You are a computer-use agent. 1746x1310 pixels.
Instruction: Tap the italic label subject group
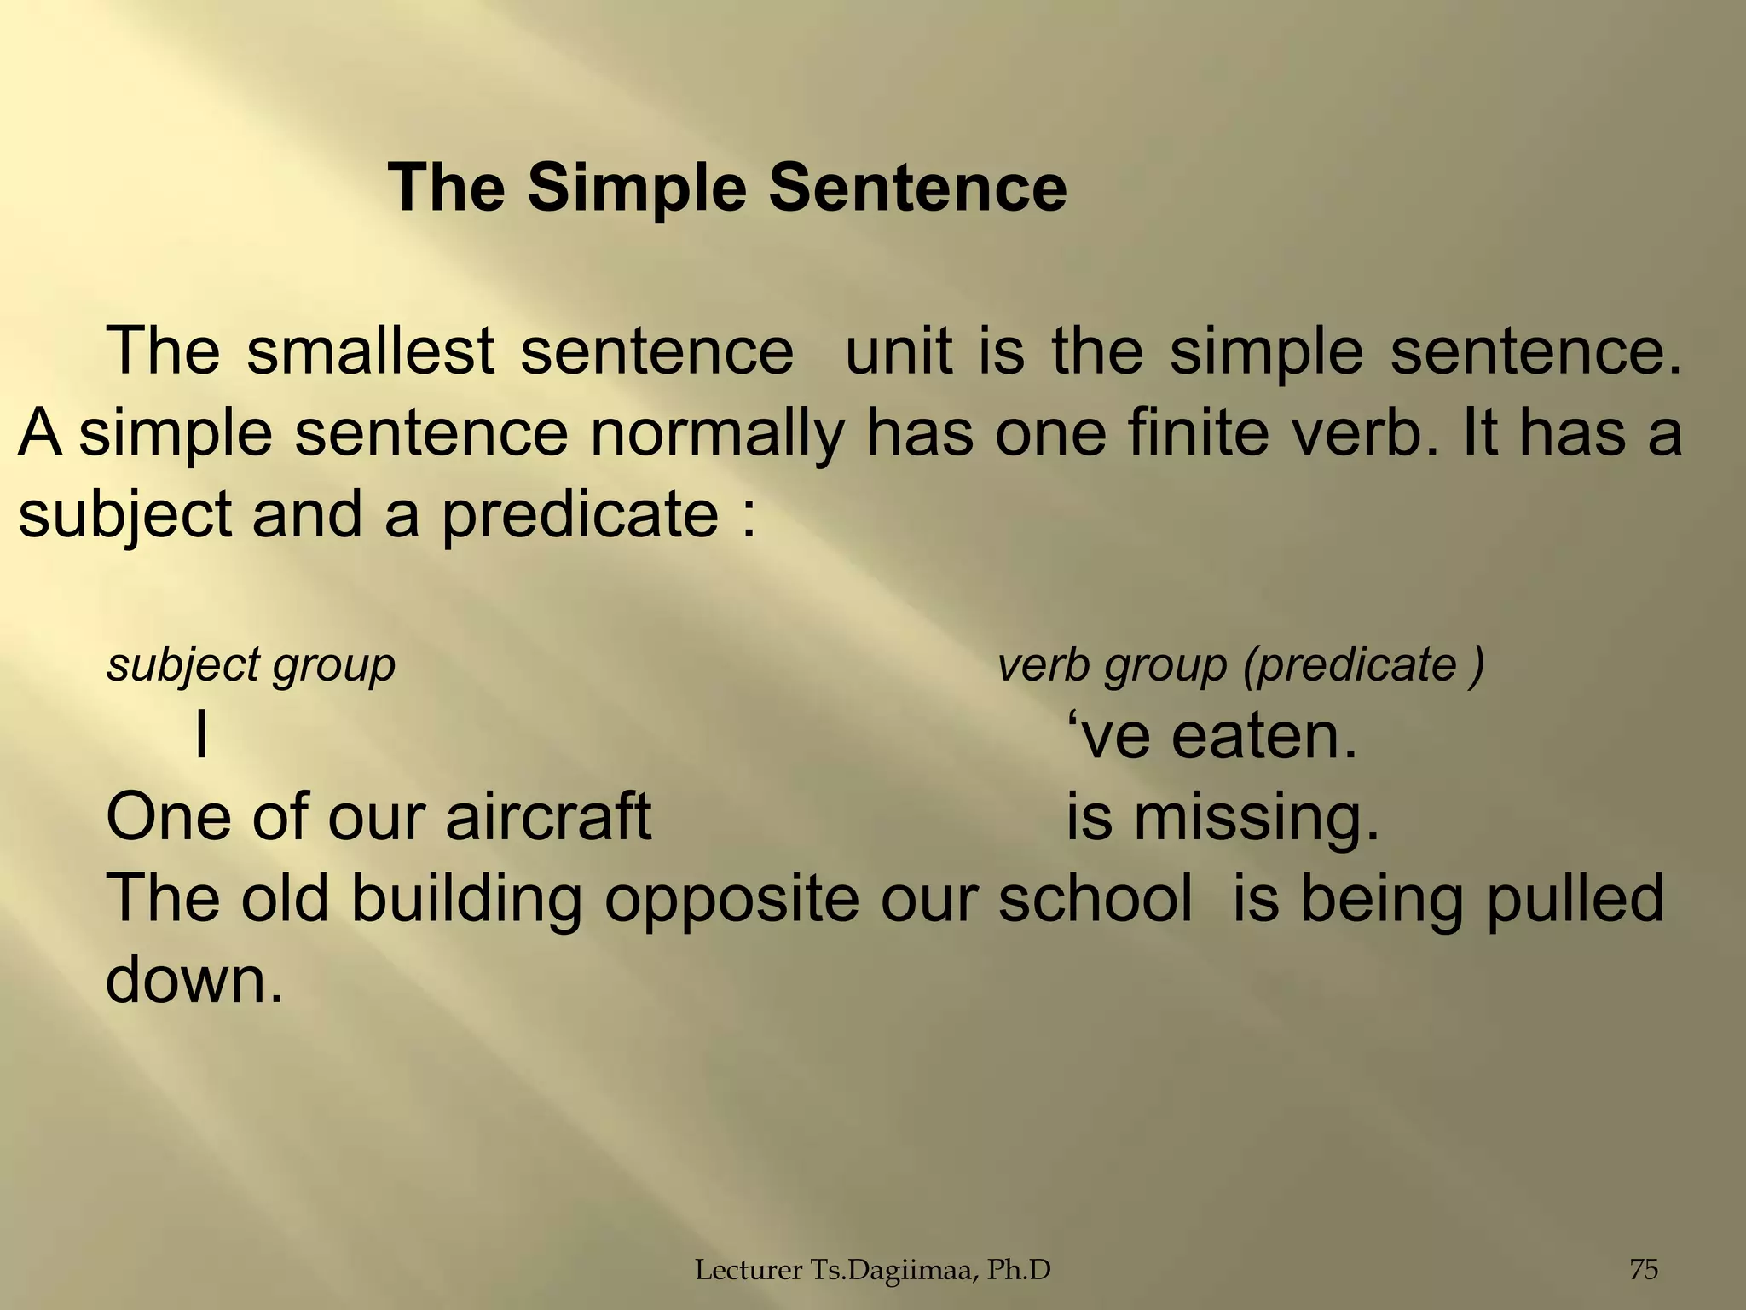tap(251, 665)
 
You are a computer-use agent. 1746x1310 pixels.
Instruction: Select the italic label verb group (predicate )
tap(1241, 665)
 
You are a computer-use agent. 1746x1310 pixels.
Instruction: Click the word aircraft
tap(548, 816)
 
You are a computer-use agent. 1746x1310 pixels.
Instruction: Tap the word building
tap(465, 898)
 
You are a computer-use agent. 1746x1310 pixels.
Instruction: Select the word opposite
tap(731, 898)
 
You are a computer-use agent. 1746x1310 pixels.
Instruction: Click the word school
tap(1095, 898)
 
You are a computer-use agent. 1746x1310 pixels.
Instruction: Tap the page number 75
tap(1644, 1270)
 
